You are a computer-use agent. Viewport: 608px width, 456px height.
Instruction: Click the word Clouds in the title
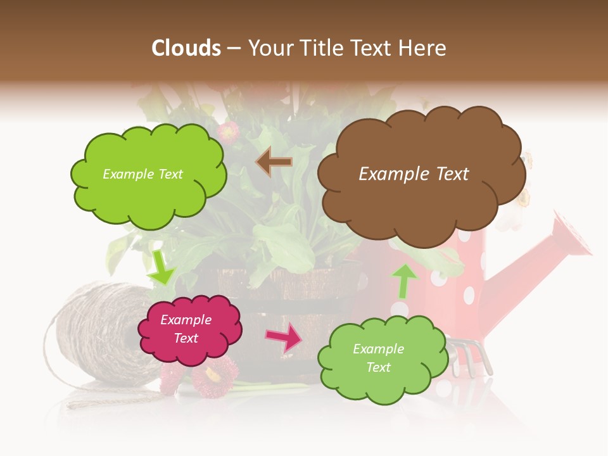tap(186, 48)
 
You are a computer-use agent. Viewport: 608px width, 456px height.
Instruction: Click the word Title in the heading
tap(323, 48)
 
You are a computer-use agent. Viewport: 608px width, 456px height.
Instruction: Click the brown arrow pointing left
tap(274, 162)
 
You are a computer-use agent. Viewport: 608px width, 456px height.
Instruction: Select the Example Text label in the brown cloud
tap(414, 174)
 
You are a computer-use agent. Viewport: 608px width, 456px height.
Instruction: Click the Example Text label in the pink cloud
tap(186, 329)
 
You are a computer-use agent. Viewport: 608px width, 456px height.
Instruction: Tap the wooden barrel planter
tap(285, 298)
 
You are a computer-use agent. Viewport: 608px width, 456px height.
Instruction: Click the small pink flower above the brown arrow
tap(228, 132)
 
